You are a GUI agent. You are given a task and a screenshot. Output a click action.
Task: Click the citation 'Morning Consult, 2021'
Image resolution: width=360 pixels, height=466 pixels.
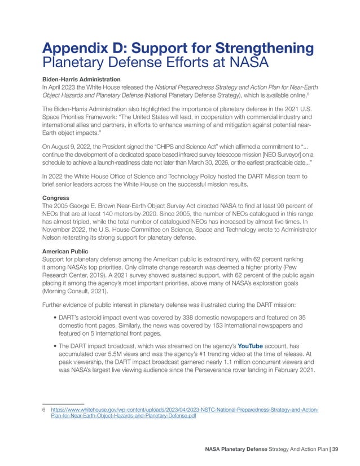click(x=78, y=293)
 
